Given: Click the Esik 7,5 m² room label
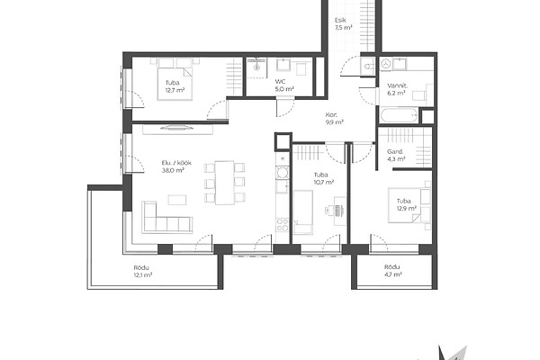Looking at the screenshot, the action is click(x=343, y=24).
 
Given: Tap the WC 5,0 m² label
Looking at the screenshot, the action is click(x=284, y=85).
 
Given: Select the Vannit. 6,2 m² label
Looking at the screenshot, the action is click(x=397, y=89).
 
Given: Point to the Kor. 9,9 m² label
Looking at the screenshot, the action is click(x=334, y=118).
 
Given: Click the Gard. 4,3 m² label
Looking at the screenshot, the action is click(x=396, y=155).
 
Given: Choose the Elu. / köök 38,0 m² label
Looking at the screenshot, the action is click(x=176, y=166).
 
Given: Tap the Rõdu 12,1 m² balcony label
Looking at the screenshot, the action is click(x=142, y=271).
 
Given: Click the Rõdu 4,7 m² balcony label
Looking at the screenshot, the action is click(x=392, y=271).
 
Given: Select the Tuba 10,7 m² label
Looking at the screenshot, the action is click(x=323, y=178).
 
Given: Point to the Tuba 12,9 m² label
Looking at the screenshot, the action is click(x=407, y=204).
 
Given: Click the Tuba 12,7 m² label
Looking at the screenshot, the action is click(x=175, y=86).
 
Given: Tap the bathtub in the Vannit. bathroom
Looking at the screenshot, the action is click(x=399, y=115).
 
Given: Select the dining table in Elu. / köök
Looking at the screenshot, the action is click(x=224, y=183).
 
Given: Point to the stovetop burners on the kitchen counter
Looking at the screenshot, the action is click(x=283, y=225).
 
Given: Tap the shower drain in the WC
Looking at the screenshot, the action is click(x=256, y=67).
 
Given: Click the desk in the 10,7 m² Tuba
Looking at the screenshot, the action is click(x=339, y=211).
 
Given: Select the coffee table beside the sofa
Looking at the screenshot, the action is click(x=177, y=200).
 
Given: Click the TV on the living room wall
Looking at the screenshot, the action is click(x=177, y=128).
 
